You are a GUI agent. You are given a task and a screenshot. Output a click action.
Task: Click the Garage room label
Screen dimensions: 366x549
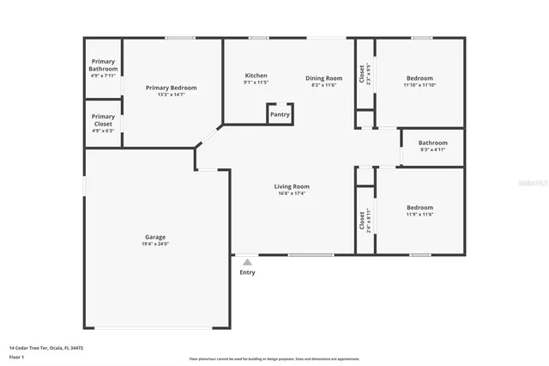(x=155, y=236)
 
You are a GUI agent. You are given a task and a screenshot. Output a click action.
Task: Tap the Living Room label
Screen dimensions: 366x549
(x=292, y=186)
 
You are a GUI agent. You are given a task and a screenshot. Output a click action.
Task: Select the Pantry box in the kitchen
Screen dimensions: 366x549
(x=280, y=114)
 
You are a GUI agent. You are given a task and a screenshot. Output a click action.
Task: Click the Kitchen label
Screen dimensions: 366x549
(x=256, y=76)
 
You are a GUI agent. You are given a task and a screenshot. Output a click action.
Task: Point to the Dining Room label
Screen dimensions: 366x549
(x=323, y=78)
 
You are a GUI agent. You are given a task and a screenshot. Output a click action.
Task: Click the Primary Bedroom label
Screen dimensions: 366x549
(x=171, y=88)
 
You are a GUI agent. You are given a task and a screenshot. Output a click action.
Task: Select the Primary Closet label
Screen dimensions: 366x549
(x=103, y=120)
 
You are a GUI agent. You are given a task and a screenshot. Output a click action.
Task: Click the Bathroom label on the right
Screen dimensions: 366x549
(x=432, y=143)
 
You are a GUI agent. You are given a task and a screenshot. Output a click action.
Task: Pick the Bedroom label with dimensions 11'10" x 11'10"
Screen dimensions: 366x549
(x=419, y=78)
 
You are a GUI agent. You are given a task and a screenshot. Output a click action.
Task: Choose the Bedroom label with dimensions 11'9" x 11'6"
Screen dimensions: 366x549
(x=419, y=207)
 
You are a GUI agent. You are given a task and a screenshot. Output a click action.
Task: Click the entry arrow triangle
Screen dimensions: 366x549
(x=247, y=262)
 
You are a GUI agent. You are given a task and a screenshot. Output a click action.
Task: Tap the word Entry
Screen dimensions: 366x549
(x=247, y=272)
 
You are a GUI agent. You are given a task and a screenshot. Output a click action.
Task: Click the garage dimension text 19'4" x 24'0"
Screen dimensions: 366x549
(x=155, y=244)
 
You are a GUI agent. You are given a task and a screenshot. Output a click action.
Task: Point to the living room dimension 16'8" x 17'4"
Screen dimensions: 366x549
(x=292, y=193)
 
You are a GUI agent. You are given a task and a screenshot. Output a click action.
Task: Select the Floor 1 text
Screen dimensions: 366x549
(x=17, y=356)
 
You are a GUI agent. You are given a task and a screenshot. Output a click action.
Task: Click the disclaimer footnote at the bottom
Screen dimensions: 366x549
(x=274, y=358)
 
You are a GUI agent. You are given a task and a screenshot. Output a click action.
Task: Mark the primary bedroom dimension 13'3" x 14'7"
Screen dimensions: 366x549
(x=171, y=95)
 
